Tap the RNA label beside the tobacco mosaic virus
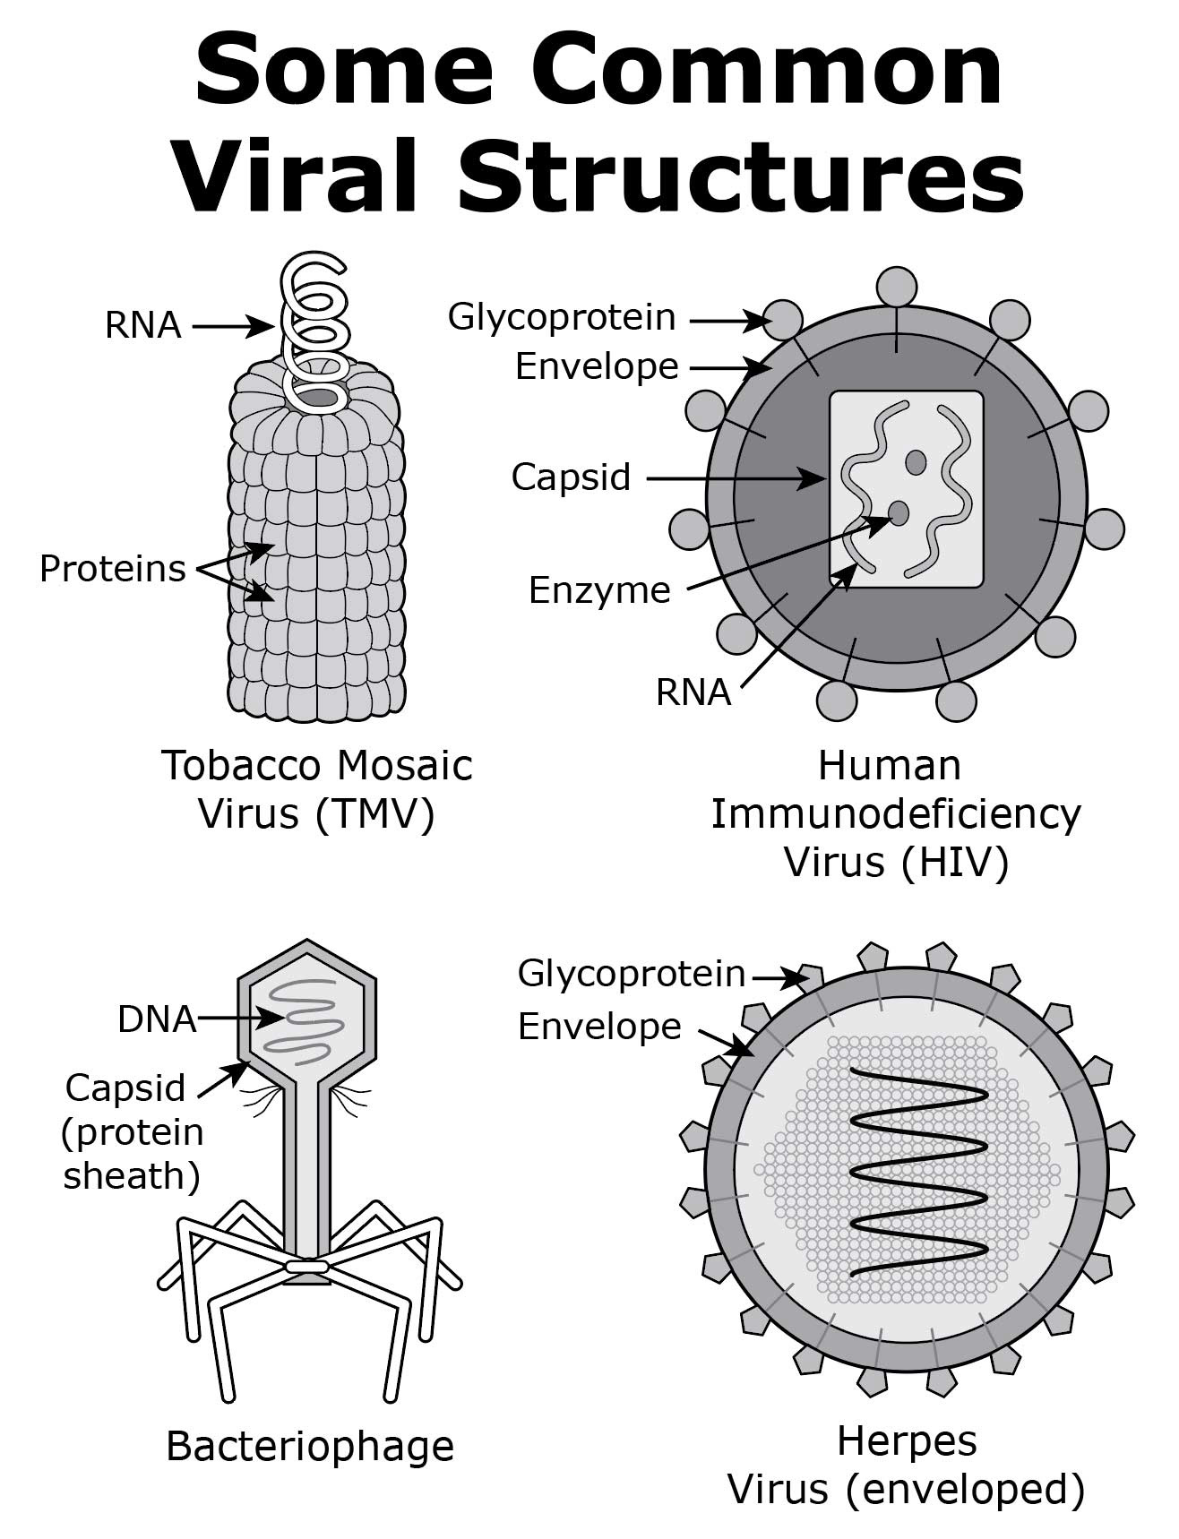point(143,326)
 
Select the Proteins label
point(113,569)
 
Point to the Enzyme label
point(599,590)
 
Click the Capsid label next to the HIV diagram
point(571,477)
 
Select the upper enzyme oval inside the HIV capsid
point(916,462)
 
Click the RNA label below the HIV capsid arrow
point(693,692)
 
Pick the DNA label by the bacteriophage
point(157,1019)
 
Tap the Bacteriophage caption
point(310,1446)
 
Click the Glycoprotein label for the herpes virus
point(632,974)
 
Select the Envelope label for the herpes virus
point(599,1027)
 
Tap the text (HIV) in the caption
point(956,862)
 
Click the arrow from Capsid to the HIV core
point(735,479)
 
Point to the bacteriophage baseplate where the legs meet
point(307,1266)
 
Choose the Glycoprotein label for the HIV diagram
point(562,317)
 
